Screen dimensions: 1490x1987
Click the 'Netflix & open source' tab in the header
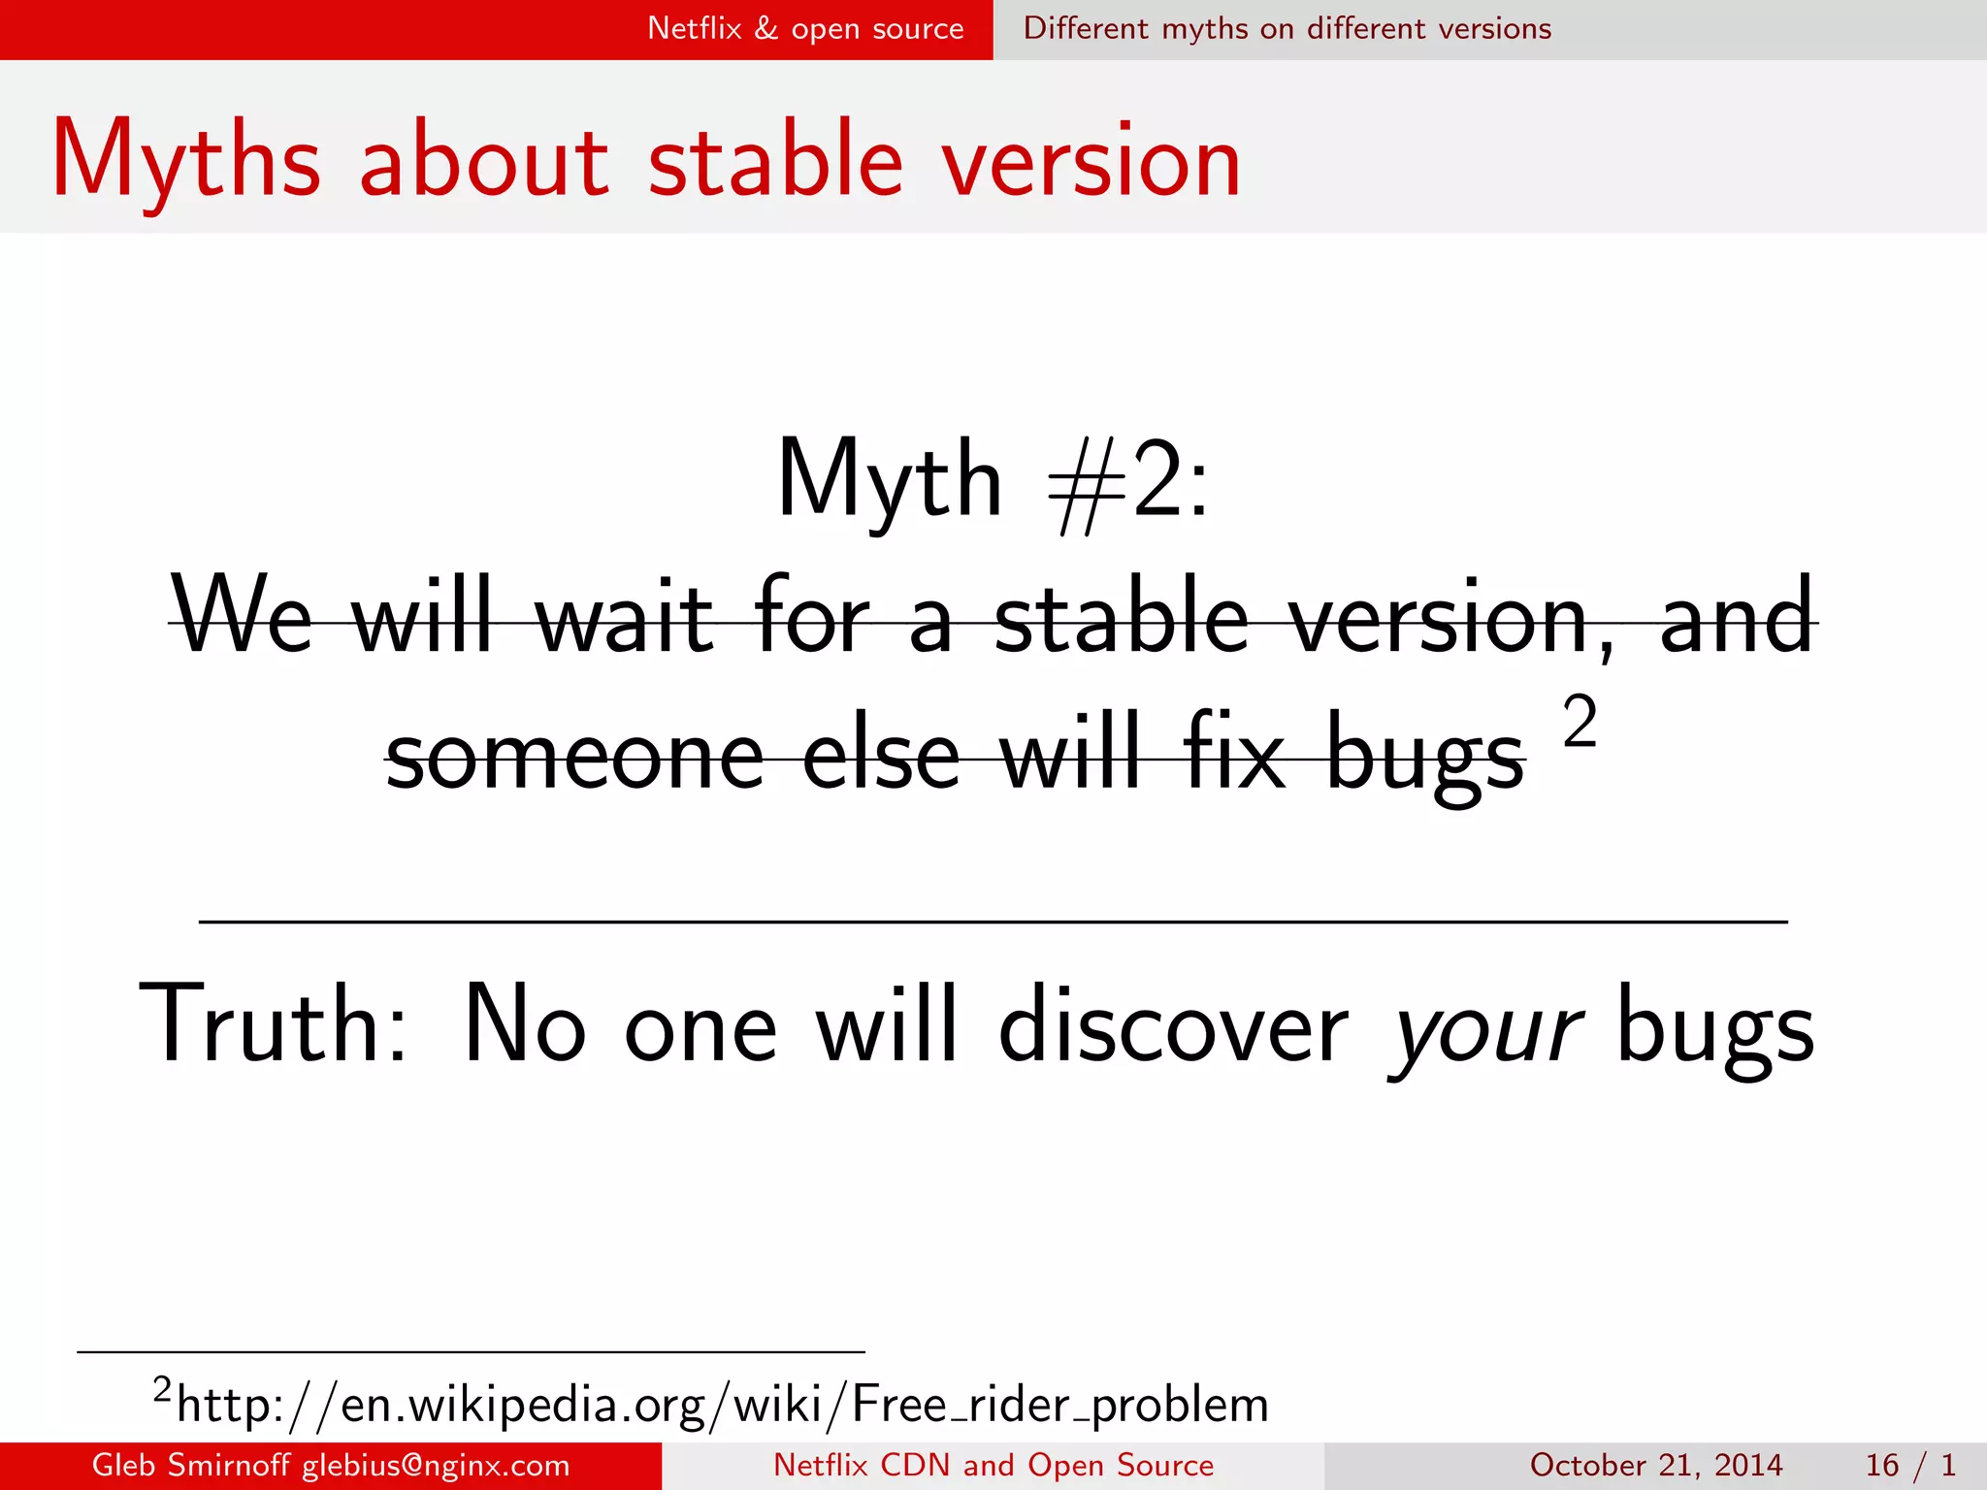[805, 29]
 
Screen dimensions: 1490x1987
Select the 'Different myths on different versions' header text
[1287, 29]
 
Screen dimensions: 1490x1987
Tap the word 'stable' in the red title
[775, 160]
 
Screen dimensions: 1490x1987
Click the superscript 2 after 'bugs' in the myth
[1580, 723]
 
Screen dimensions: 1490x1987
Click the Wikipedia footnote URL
[722, 1405]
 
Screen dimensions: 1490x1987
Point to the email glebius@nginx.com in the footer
[436, 1465]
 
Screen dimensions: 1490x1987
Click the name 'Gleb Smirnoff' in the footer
[190, 1465]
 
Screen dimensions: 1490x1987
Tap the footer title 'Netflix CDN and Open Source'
[993, 1465]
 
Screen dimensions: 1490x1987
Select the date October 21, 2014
[1655, 1465]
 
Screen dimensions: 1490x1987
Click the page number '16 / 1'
[1909, 1465]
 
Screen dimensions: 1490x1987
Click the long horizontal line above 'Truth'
[993, 922]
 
